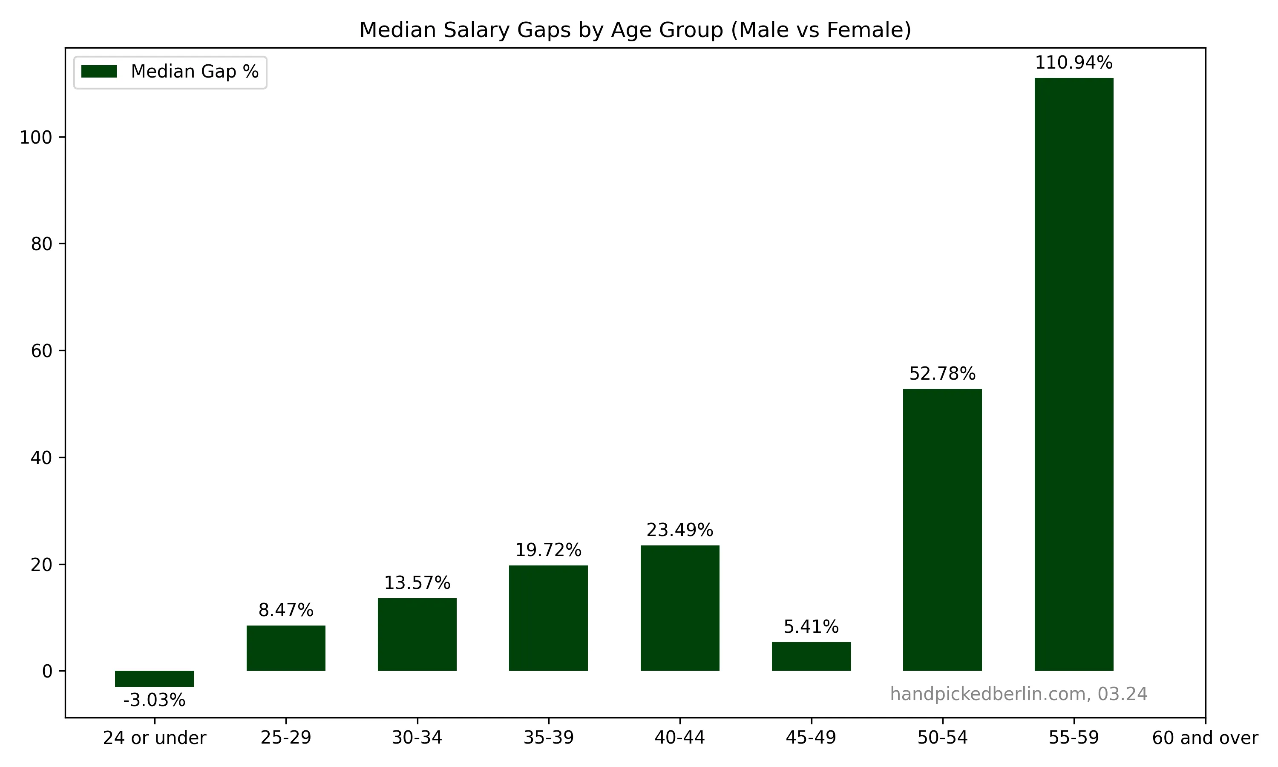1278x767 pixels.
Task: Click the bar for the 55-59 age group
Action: pos(1074,374)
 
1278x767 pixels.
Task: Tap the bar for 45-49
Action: pos(811,656)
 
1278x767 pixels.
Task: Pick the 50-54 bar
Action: pos(942,529)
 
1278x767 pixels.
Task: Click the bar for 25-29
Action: pos(286,648)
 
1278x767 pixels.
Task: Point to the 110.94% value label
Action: pos(1074,63)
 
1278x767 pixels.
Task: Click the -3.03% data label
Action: pos(154,701)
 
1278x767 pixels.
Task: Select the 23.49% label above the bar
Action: pos(679,530)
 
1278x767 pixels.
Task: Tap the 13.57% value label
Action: pos(417,583)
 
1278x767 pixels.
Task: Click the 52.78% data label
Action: pos(942,373)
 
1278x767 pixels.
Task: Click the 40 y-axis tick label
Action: pos(41,457)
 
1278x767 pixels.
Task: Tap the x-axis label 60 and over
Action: pos(1205,738)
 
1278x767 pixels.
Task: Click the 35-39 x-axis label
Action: pos(548,738)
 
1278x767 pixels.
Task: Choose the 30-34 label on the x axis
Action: pos(417,738)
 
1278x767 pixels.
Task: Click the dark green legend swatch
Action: pos(99,71)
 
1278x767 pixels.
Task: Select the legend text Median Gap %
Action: pos(194,71)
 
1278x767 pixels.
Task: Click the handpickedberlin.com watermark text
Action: pos(1018,694)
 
